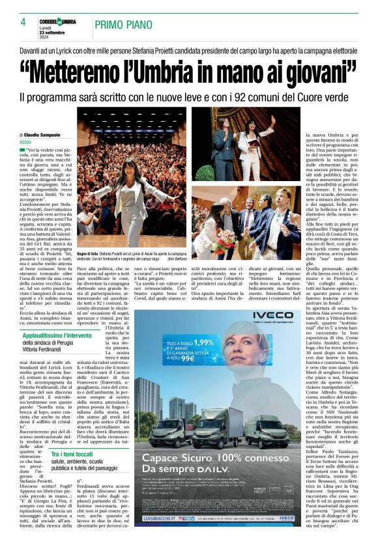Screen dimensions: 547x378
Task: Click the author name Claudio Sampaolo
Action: (x=44, y=134)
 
